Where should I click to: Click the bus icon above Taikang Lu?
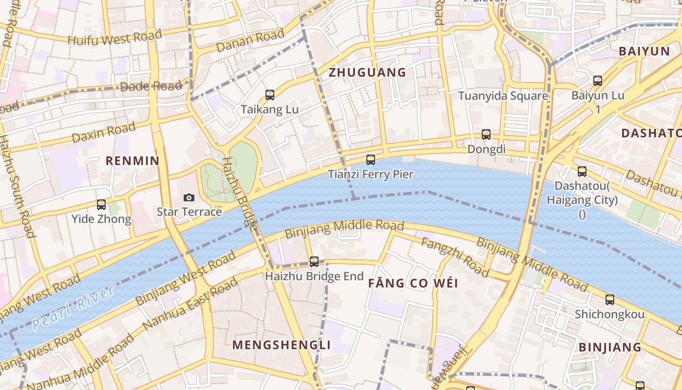pyautogui.click(x=270, y=95)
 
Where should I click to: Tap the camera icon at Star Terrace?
pyautogui.click(x=189, y=197)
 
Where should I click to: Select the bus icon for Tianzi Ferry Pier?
pyautogui.click(x=371, y=160)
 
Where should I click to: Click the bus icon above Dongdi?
pyautogui.click(x=486, y=135)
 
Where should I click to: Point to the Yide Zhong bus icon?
pyautogui.click(x=101, y=205)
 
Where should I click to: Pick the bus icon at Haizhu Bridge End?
pyautogui.click(x=314, y=262)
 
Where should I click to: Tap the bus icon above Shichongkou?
pyautogui.click(x=609, y=300)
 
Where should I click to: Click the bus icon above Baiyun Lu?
pyautogui.click(x=598, y=81)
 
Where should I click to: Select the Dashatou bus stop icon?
pyautogui.click(x=582, y=172)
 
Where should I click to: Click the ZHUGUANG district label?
pyautogui.click(x=367, y=73)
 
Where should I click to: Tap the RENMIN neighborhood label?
pyautogui.click(x=133, y=161)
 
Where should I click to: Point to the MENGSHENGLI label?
pyautogui.click(x=282, y=345)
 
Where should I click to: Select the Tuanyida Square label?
pyautogui.click(x=503, y=96)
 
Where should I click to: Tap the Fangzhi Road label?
pyautogui.click(x=455, y=257)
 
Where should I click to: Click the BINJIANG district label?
pyautogui.click(x=610, y=347)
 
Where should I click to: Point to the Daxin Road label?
pyautogui.click(x=104, y=133)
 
